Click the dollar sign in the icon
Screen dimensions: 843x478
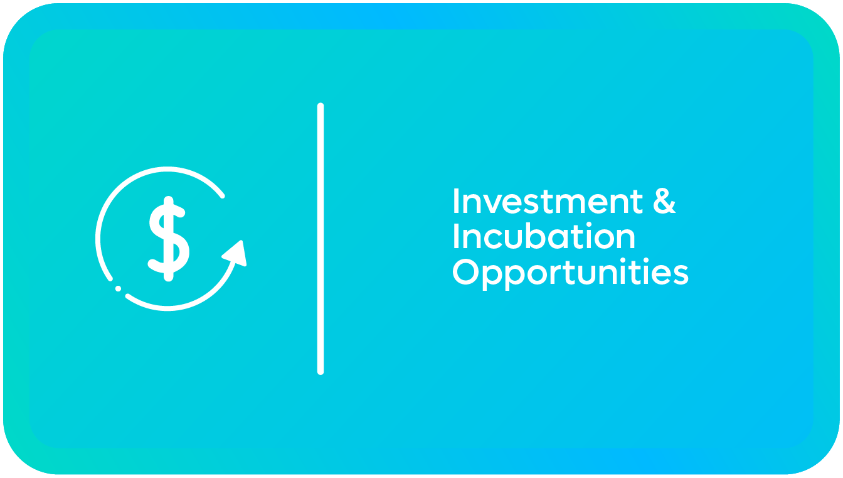169,239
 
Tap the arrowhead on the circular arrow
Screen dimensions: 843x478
236,254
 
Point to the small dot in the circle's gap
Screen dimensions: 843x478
118,289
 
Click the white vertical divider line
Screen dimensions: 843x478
321,239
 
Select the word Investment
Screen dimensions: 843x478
548,201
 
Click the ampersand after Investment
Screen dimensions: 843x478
664,201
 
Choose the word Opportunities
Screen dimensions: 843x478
571,274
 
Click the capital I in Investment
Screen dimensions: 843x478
456,201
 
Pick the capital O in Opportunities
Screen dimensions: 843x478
466,272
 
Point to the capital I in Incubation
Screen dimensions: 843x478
456,236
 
